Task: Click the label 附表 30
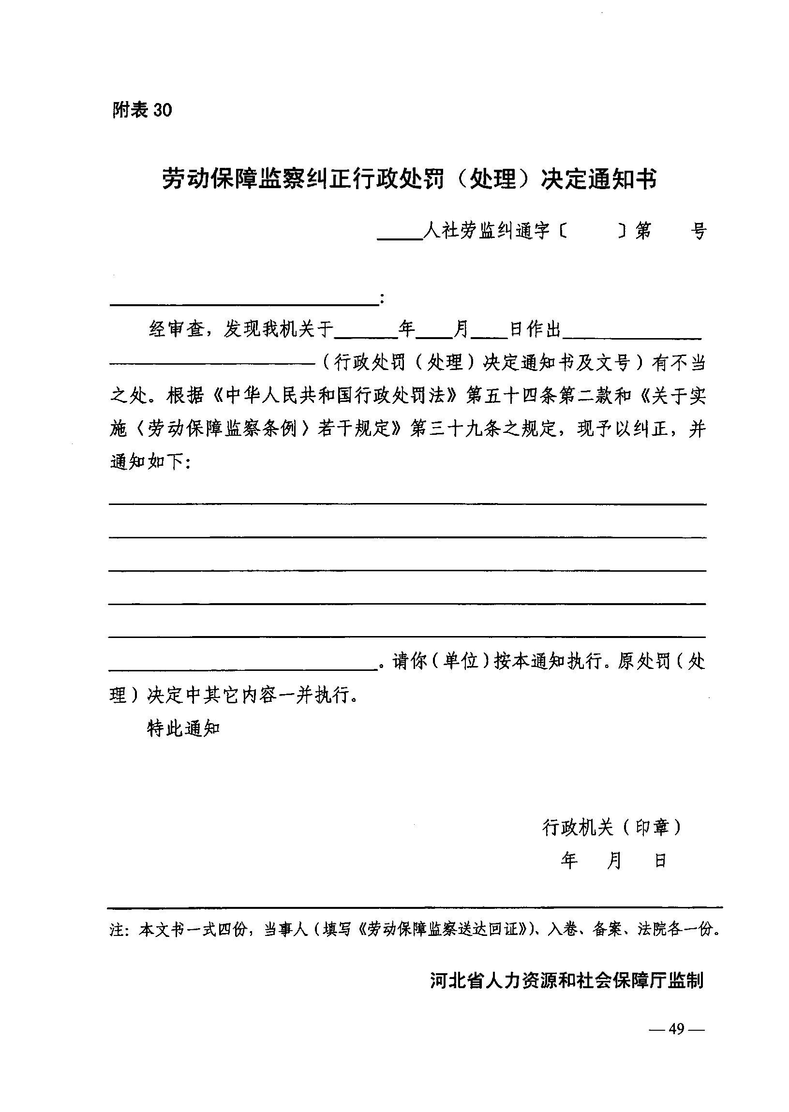click(142, 110)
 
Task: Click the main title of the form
click(409, 179)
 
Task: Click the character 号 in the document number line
click(698, 231)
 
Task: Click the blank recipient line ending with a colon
click(244, 300)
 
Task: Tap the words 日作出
click(535, 330)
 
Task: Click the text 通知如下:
click(151, 462)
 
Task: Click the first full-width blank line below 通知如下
click(407, 504)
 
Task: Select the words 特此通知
click(184, 728)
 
